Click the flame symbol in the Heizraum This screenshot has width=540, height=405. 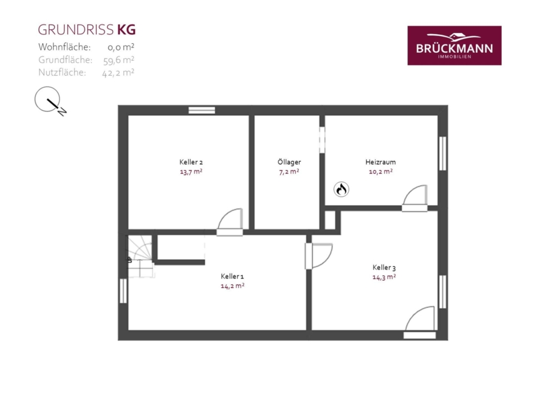(341, 189)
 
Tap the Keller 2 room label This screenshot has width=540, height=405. (191, 162)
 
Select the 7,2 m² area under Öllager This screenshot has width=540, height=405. (289, 172)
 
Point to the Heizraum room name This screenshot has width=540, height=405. (380, 162)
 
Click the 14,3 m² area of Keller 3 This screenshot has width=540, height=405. (384, 277)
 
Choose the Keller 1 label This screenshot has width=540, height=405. (232, 276)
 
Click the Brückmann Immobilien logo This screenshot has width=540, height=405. (454, 46)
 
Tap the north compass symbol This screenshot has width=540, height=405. (50, 101)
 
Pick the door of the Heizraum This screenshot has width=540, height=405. (415, 198)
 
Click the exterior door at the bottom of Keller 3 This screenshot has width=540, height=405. (420, 322)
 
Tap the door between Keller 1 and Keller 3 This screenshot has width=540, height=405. (319, 256)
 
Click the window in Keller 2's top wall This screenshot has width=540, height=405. (202, 110)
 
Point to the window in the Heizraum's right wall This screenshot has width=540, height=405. (443, 153)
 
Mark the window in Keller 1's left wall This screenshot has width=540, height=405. (123, 291)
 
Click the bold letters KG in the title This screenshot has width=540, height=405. (127, 30)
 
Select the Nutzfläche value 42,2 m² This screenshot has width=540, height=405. (118, 73)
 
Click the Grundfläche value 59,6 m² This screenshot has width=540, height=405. (118, 60)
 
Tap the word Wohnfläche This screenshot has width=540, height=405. (64, 47)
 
